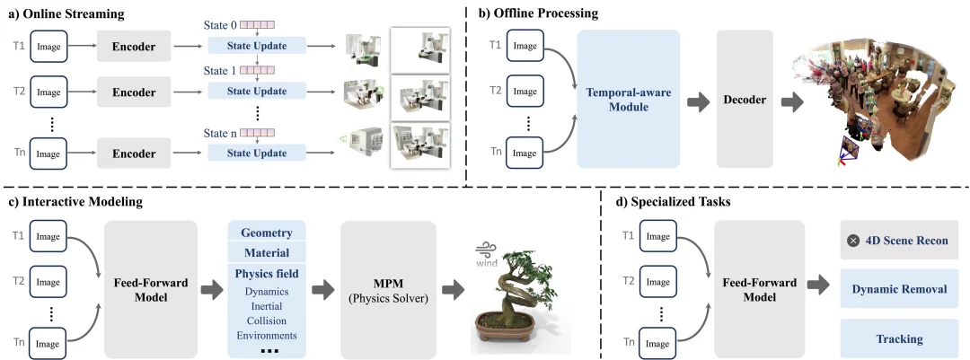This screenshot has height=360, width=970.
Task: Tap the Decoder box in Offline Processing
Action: pos(745,99)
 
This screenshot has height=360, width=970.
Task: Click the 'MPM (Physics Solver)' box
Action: pos(388,289)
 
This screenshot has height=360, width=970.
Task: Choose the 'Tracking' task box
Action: pos(898,339)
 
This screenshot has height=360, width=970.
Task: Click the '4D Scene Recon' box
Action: pos(898,241)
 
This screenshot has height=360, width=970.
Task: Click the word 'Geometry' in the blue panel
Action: pos(267,233)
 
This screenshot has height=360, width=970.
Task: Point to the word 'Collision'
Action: pos(267,320)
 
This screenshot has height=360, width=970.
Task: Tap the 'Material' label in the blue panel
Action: pos(267,254)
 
